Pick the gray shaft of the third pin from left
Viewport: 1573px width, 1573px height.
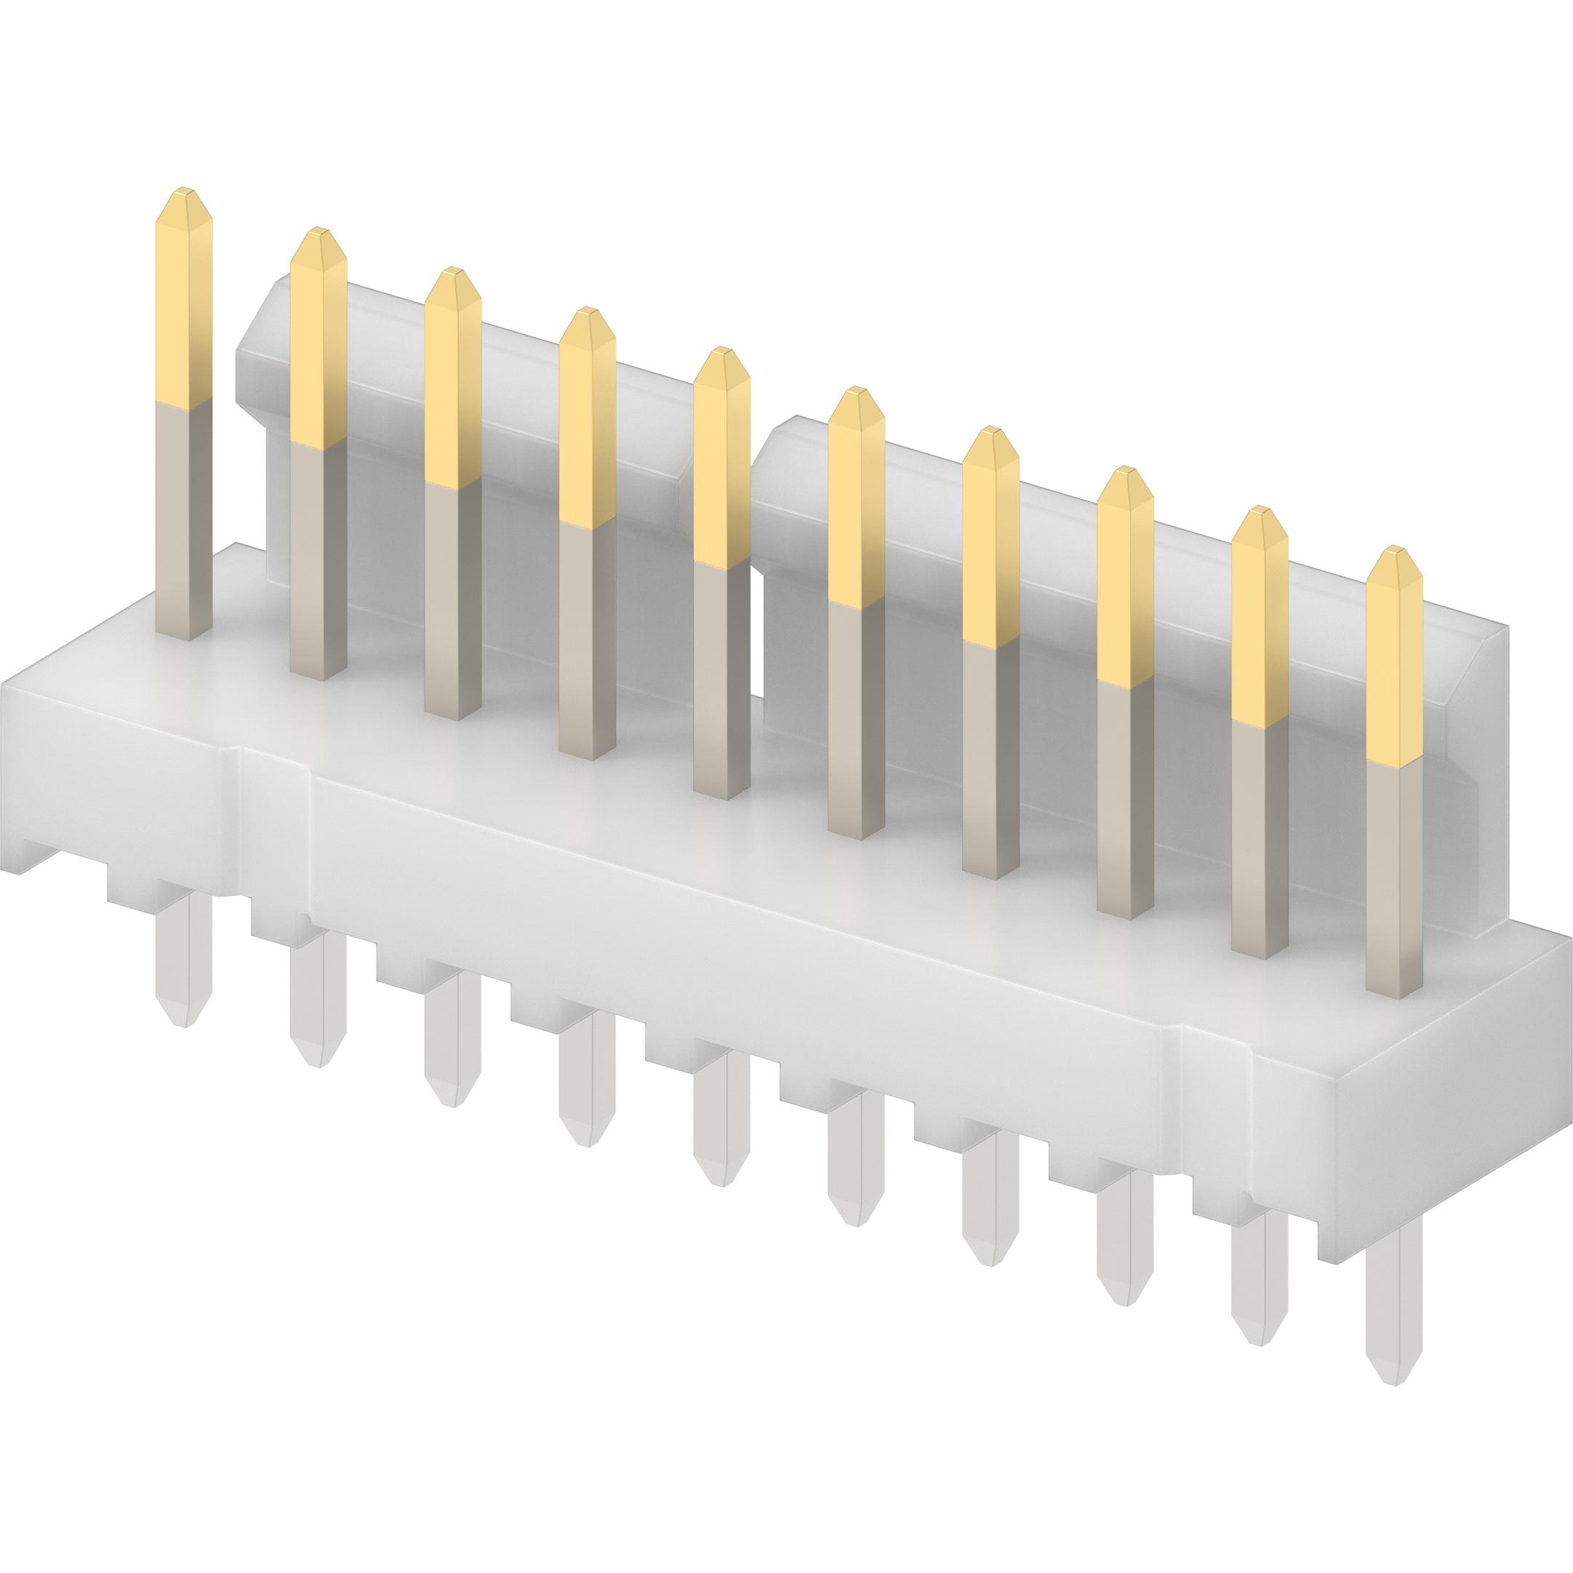(x=452, y=602)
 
